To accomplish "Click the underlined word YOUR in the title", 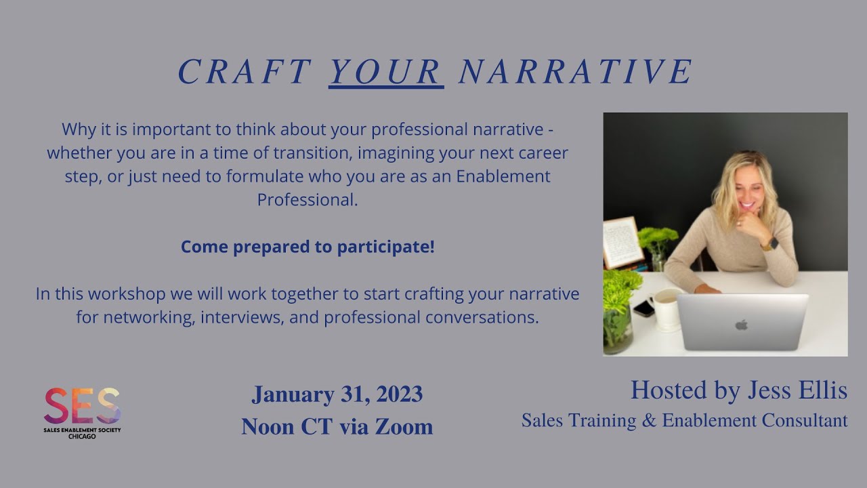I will point(386,72).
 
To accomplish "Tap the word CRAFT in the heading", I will point(244,72).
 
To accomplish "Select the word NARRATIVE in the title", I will point(576,72).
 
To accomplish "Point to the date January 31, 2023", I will point(337,394).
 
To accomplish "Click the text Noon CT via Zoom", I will point(337,426).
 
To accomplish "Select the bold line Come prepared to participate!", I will point(308,247).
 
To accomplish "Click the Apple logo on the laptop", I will point(742,325).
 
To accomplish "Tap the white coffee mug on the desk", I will point(667,309).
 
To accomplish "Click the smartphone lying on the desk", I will point(643,308).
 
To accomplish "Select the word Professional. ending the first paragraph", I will point(308,200).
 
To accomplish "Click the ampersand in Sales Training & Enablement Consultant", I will point(649,421).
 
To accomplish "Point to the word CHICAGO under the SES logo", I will point(82,436).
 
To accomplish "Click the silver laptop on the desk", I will point(742,322).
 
